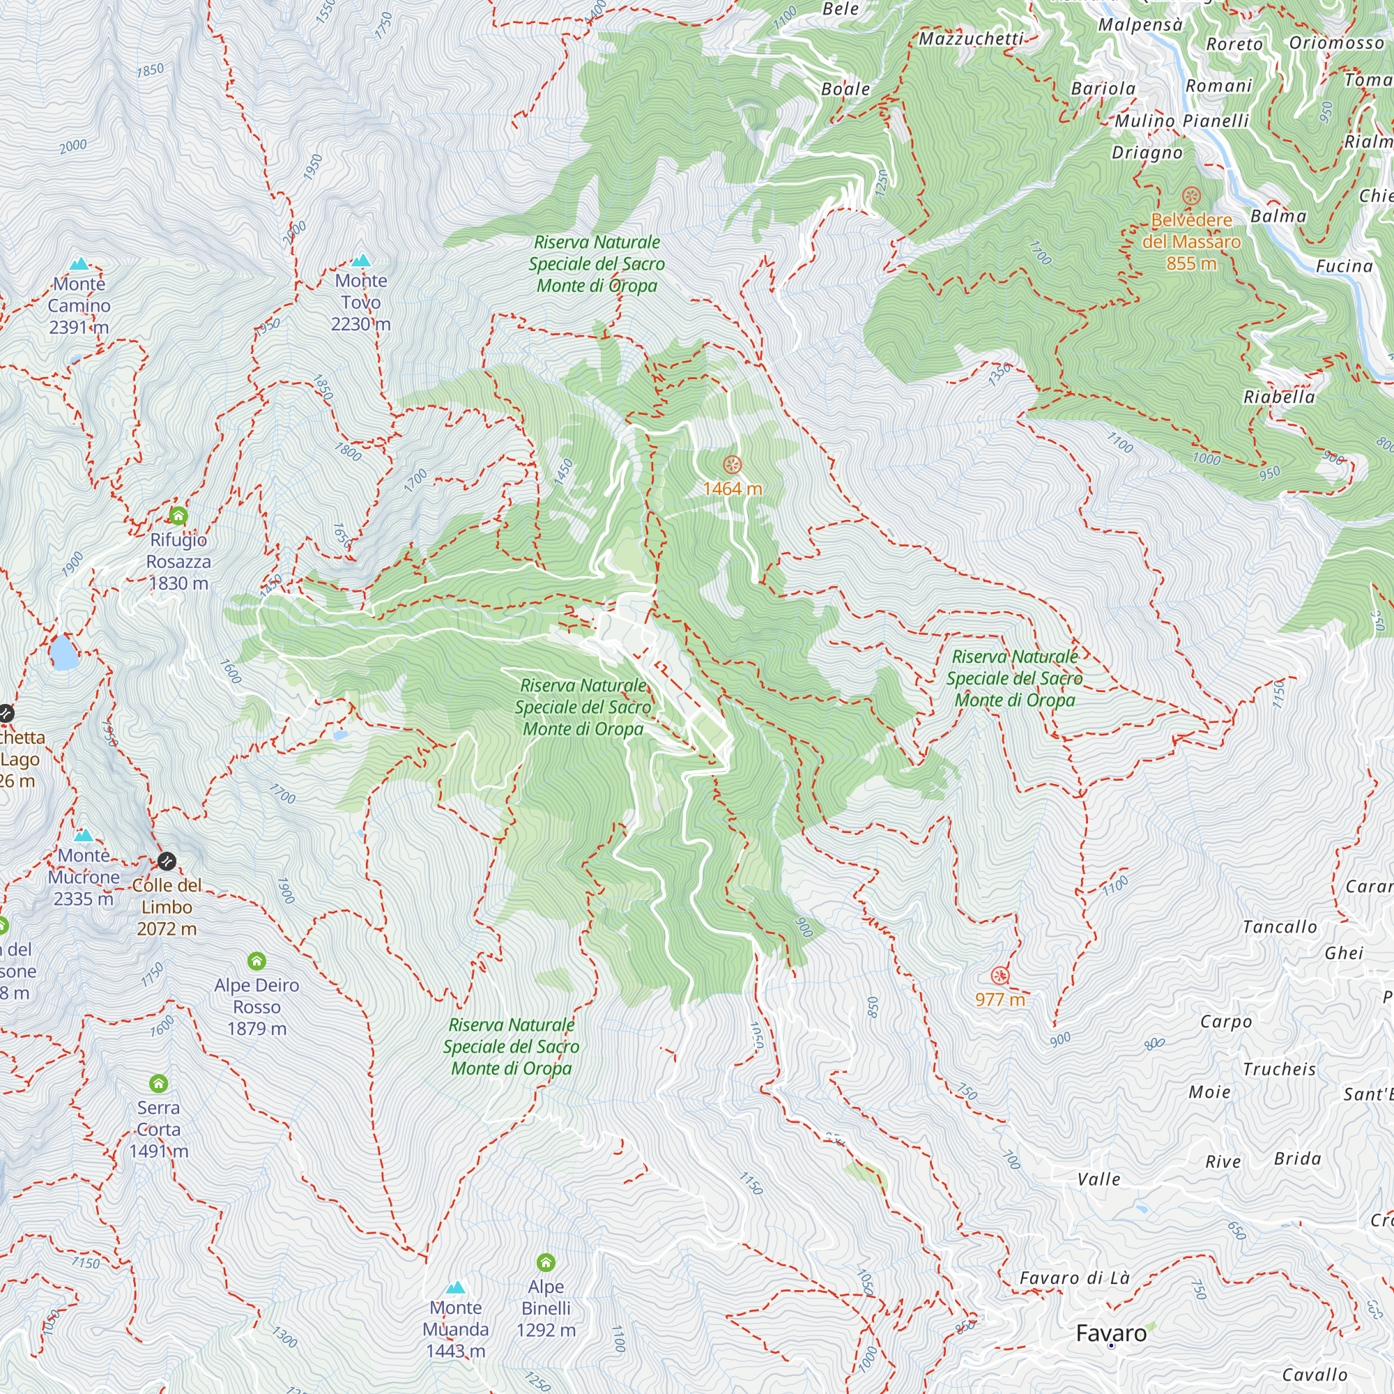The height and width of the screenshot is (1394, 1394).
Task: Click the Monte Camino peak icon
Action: click(79, 264)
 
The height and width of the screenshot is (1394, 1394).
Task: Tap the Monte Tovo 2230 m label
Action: click(361, 302)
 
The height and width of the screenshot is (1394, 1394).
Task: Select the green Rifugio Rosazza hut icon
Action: click(178, 515)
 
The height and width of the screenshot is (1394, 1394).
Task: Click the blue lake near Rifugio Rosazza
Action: click(63, 652)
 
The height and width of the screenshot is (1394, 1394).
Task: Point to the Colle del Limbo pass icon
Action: click(167, 861)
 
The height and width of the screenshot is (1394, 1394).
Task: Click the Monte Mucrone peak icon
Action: click(84, 836)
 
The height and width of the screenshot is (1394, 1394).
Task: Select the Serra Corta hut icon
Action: click(159, 1084)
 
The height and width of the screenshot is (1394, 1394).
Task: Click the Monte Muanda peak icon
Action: click(455, 1288)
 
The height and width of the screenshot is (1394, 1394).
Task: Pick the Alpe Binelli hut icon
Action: click(546, 1263)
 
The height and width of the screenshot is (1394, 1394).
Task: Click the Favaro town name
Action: click(1111, 1333)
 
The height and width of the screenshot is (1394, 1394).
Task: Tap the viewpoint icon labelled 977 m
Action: click(1000, 976)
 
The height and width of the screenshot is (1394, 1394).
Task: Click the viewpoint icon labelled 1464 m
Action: click(733, 465)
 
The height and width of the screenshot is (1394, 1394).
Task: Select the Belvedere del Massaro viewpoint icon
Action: click(1191, 196)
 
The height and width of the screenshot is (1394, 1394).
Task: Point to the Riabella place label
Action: click(1279, 397)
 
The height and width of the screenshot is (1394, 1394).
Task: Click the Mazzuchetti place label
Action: click(971, 39)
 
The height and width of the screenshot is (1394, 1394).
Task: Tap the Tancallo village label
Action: click(1280, 926)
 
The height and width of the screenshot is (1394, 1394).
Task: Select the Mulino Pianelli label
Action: click(1182, 121)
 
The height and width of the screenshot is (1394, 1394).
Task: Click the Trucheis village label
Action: click(1279, 1069)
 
